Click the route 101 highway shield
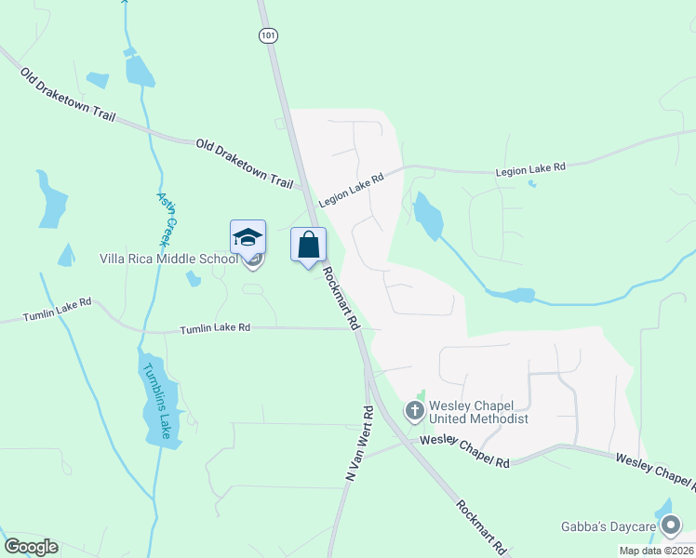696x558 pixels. pos(268,35)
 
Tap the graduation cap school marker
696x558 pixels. pos(248,239)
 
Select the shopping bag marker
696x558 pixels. pos(309,246)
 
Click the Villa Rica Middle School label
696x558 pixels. pos(168,259)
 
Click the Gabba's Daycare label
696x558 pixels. pos(606,526)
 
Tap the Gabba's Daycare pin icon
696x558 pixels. pos(671,527)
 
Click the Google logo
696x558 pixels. pos(31,547)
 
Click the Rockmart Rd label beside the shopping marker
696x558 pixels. pos(341,299)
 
